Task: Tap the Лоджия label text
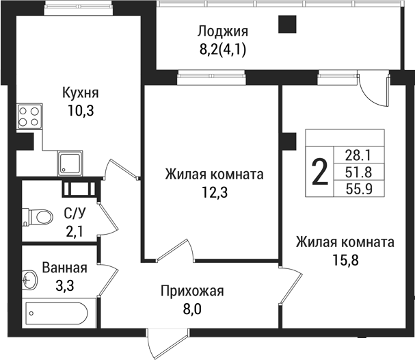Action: point(222,31)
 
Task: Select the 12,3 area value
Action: point(214,192)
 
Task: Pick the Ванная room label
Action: point(64,267)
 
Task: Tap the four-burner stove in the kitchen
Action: point(29,116)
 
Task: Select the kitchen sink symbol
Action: point(70,164)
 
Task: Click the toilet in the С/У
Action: point(40,218)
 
